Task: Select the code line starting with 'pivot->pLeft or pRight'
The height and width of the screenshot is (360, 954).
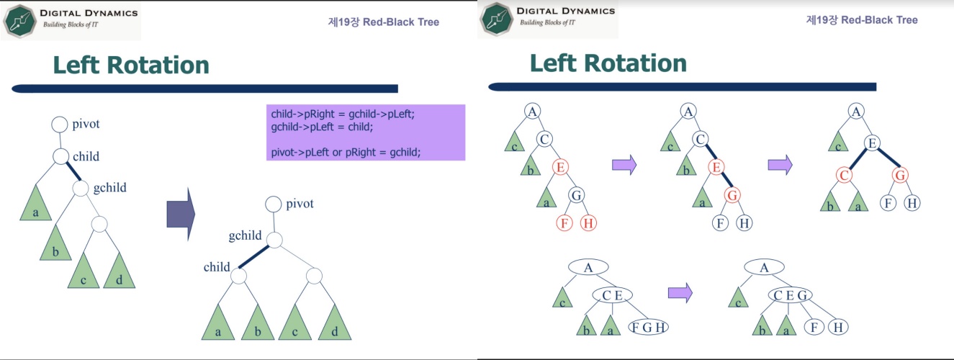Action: [345, 152]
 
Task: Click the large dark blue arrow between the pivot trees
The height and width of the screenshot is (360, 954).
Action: [181, 214]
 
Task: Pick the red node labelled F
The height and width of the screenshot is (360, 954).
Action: [564, 222]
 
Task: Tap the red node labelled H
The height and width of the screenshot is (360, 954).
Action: [588, 222]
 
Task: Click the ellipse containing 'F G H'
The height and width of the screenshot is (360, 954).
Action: [648, 327]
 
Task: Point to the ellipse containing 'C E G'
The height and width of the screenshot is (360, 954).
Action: [790, 295]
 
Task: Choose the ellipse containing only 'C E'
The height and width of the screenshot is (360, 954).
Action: [612, 295]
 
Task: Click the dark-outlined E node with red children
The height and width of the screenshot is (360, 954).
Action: [871, 144]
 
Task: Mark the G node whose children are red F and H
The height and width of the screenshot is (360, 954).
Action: [577, 194]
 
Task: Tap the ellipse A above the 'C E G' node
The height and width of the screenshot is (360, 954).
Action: [764, 268]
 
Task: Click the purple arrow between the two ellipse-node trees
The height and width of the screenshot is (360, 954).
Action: [680, 292]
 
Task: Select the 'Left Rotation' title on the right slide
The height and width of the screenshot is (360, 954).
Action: [608, 63]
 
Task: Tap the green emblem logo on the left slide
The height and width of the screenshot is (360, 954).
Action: [20, 20]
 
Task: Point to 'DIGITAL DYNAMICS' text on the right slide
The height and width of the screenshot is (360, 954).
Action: [567, 11]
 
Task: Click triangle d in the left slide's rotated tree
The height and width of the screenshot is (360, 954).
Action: [334, 323]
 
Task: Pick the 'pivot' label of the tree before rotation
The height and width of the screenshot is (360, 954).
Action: [86, 124]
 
